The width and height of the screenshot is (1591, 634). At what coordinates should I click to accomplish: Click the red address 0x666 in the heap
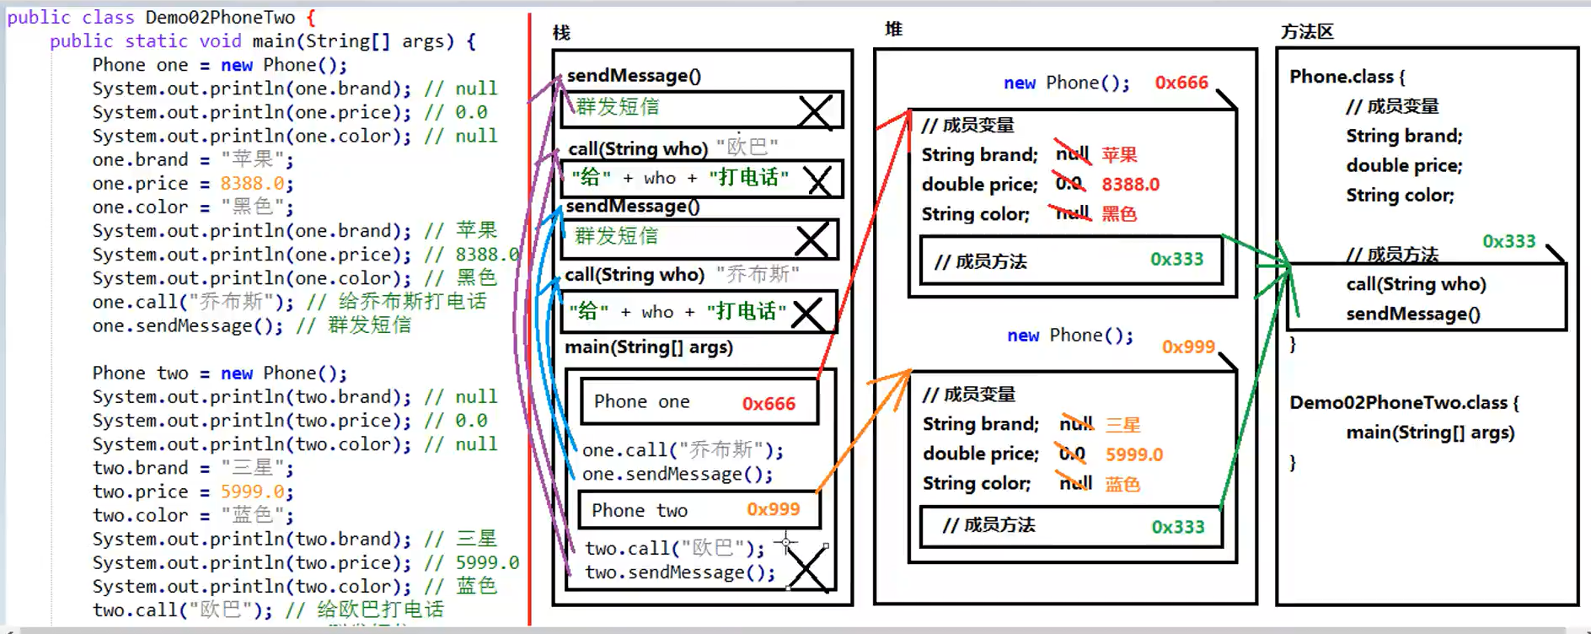pyautogui.click(x=1181, y=83)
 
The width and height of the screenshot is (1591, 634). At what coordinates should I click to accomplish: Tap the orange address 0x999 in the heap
pyautogui.click(x=1187, y=347)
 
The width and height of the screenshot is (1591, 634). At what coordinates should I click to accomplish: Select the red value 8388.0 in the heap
pyautogui.click(x=1130, y=185)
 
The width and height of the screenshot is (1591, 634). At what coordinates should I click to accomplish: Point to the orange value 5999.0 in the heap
pyautogui.click(x=1133, y=454)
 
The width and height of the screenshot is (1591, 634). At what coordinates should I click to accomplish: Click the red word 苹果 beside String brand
pyautogui.click(x=1119, y=155)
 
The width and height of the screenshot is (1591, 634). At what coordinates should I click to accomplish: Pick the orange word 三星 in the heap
pyautogui.click(x=1122, y=425)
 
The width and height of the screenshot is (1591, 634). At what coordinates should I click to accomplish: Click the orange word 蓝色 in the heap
pyautogui.click(x=1122, y=484)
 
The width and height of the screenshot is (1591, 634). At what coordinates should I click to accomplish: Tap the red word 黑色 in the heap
pyautogui.click(x=1119, y=214)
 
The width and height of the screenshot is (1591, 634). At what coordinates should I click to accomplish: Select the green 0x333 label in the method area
pyautogui.click(x=1508, y=242)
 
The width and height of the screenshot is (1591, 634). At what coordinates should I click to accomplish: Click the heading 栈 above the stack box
pyautogui.click(x=561, y=33)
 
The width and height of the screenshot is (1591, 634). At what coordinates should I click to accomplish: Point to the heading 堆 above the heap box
pyautogui.click(x=893, y=30)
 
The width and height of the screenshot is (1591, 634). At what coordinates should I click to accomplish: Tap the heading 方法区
pyautogui.click(x=1307, y=32)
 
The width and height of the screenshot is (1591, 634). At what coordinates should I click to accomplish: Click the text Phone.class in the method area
pyautogui.click(x=1341, y=77)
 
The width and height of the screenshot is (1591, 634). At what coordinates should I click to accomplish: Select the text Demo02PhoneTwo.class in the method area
pyautogui.click(x=1398, y=403)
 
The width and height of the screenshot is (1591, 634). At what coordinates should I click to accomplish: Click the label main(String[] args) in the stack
pyautogui.click(x=649, y=347)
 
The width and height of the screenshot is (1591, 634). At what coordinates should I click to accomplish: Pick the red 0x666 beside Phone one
pyautogui.click(x=769, y=404)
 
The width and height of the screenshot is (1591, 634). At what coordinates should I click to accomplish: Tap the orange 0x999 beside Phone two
pyautogui.click(x=773, y=509)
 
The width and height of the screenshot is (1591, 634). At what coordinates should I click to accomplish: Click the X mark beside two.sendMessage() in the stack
pyautogui.click(x=806, y=570)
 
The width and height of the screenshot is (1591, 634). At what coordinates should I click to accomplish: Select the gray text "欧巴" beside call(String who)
pyautogui.click(x=747, y=148)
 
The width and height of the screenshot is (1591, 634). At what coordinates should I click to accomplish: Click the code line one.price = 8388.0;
pyautogui.click(x=193, y=184)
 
